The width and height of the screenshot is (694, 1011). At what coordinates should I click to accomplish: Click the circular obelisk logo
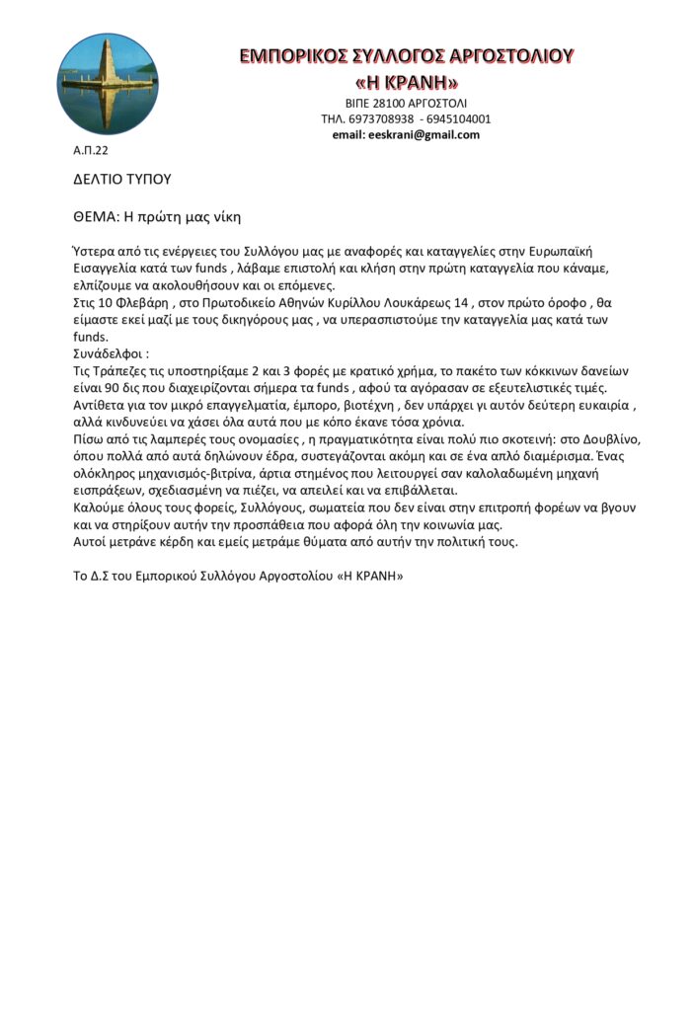tap(94, 84)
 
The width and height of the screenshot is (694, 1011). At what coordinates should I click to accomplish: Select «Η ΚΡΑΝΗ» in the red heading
tap(407, 80)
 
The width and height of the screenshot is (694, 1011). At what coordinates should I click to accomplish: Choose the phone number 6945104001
tap(459, 118)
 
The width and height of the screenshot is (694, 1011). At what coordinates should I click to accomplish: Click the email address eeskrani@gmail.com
tap(406, 134)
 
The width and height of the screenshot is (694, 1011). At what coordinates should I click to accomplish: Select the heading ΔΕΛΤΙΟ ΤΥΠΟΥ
tap(122, 180)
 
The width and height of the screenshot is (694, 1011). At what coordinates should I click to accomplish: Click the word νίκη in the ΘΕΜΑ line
tap(223, 216)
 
